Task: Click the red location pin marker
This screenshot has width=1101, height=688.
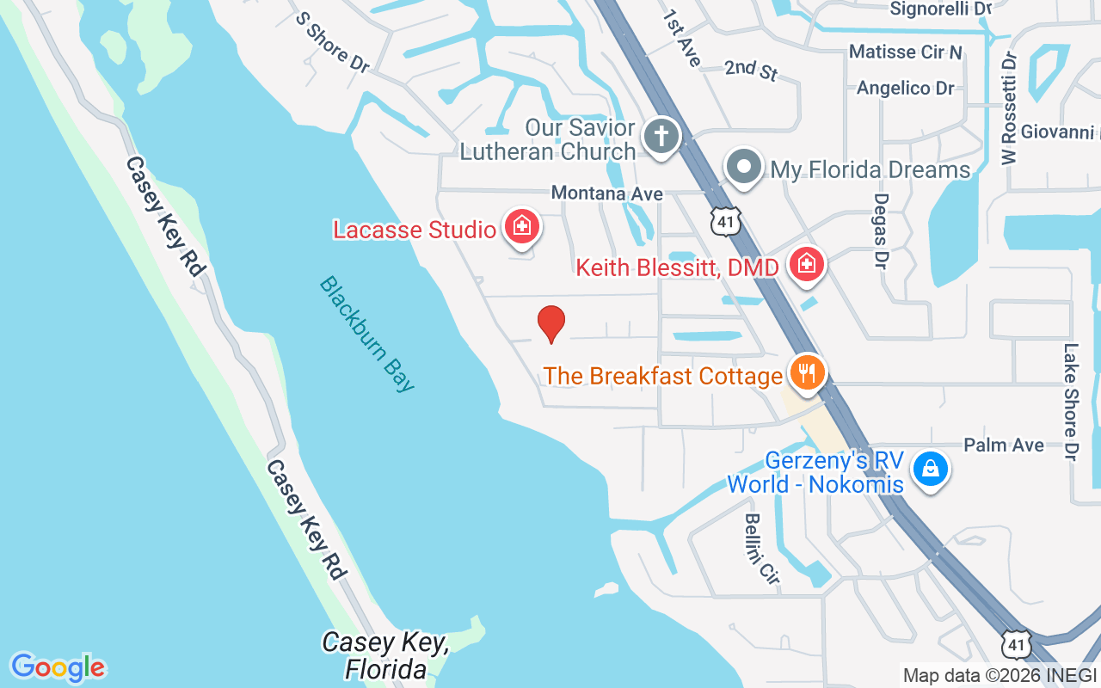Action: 550,324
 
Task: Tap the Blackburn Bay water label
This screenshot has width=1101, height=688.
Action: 367,334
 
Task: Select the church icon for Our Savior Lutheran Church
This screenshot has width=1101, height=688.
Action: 661,137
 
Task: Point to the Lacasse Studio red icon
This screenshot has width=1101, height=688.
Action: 520,228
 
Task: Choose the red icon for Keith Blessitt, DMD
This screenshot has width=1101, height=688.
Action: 806,264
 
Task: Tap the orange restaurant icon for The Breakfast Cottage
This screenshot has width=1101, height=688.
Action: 806,374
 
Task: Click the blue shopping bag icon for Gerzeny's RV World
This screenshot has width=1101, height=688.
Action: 930,470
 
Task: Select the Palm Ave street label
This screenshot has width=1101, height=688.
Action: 1004,445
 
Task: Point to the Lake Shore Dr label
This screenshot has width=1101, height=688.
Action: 1071,402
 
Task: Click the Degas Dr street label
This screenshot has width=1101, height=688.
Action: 881,229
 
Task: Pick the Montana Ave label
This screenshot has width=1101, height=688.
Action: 607,193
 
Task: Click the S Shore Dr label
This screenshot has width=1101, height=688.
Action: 333,41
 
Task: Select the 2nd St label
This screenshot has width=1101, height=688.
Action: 751,71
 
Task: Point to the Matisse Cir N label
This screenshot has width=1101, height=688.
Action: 905,52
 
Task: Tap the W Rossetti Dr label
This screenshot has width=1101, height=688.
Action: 1009,107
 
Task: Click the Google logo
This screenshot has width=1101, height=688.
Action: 58,666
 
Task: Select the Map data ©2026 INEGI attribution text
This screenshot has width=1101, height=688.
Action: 1000,675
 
